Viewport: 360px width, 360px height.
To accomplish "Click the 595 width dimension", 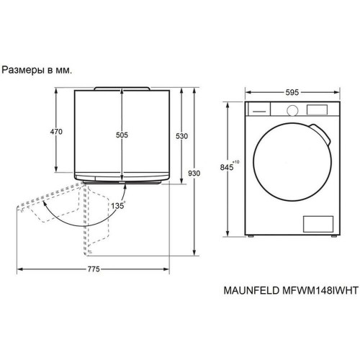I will (292, 92).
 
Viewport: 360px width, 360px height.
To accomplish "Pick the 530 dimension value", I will (181, 136).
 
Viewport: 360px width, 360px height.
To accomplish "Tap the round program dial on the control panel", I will (292, 110).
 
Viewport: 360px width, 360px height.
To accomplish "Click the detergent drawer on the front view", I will (259, 110).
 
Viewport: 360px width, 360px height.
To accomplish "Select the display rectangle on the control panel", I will (318, 110).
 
